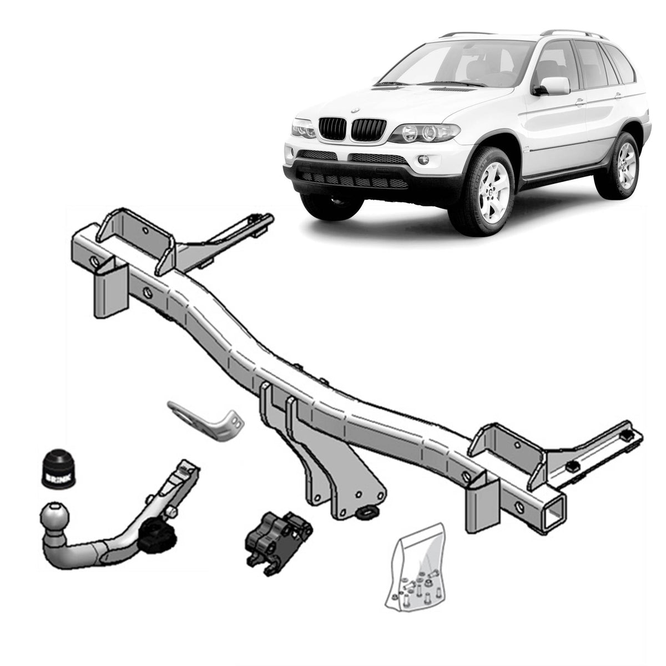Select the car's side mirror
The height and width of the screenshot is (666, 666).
pos(553,86)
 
